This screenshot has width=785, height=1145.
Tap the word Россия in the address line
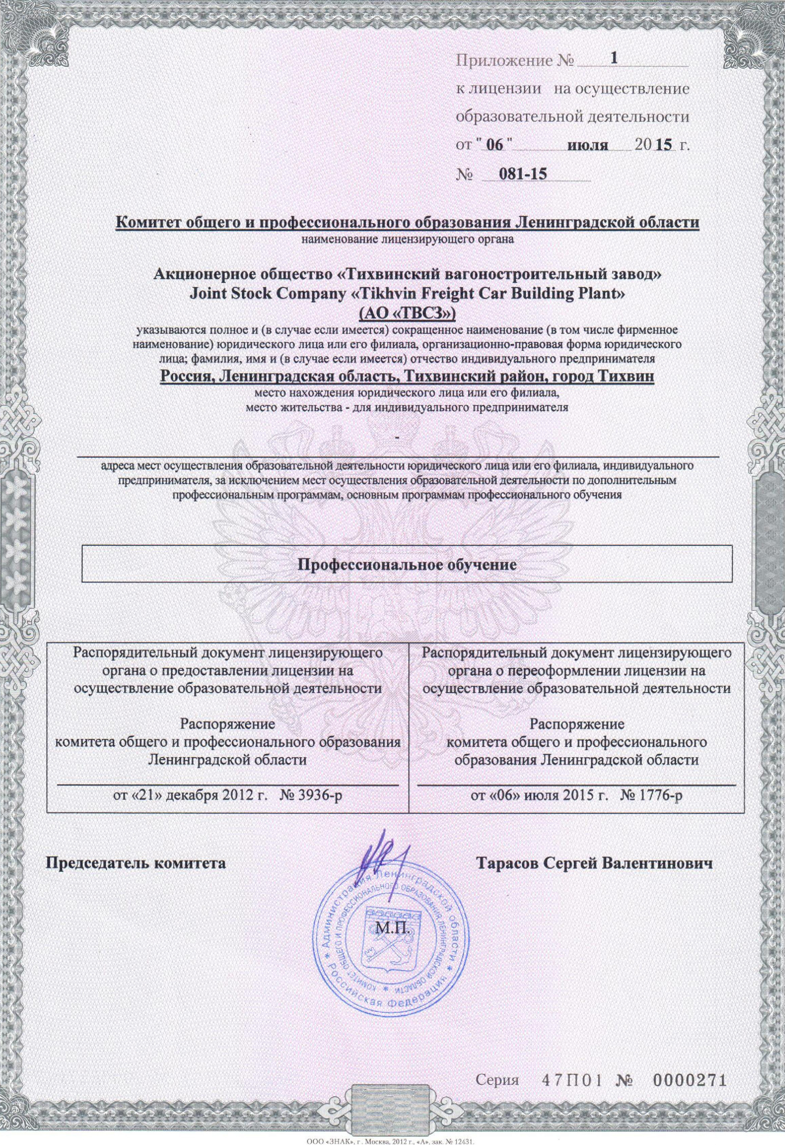[x=187, y=378]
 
